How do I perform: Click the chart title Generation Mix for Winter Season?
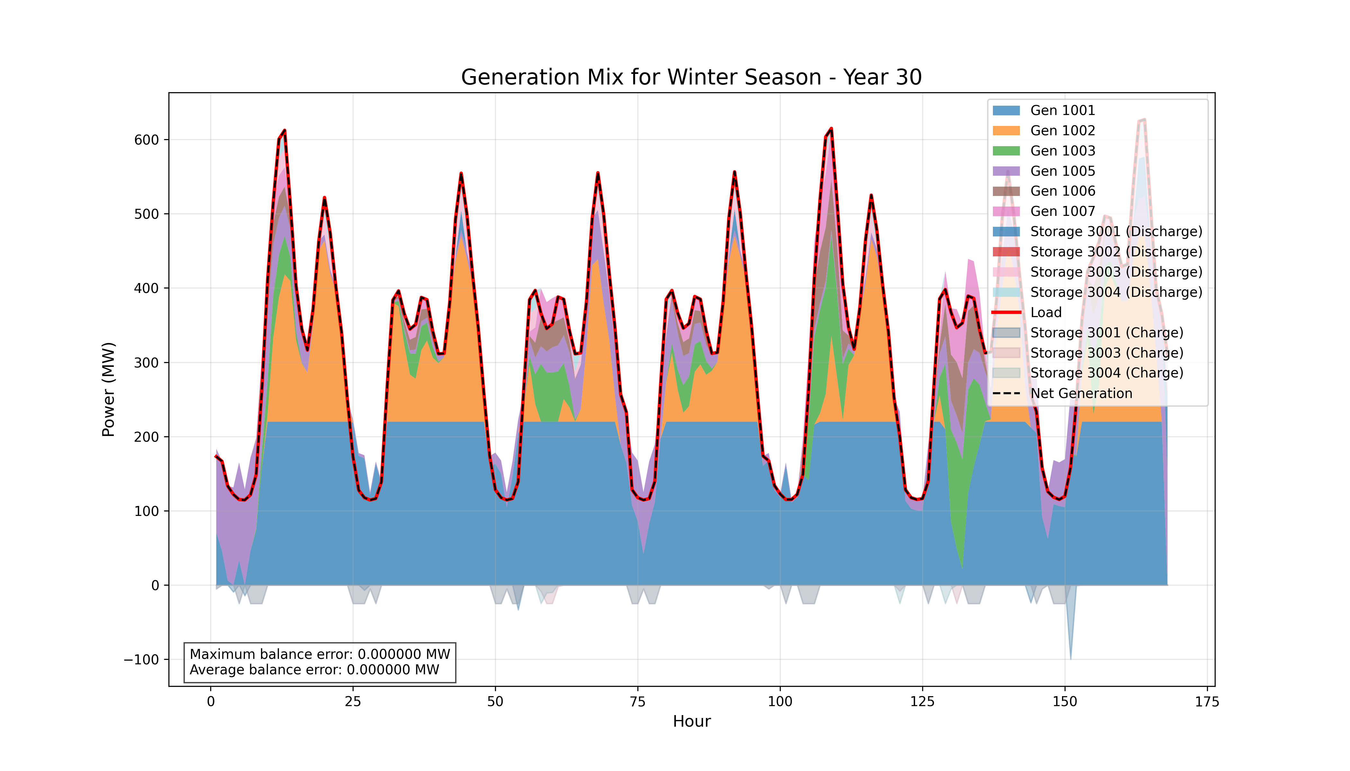(691, 77)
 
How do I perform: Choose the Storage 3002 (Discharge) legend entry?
(1115, 252)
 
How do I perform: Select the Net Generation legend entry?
(1081, 394)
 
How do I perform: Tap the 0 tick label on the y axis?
(155, 586)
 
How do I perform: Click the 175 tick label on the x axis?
(1207, 702)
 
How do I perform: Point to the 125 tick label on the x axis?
(923, 702)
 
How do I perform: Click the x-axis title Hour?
(691, 721)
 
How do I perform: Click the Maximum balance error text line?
(319, 654)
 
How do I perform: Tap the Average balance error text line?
(314, 670)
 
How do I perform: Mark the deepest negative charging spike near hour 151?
(1070, 658)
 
